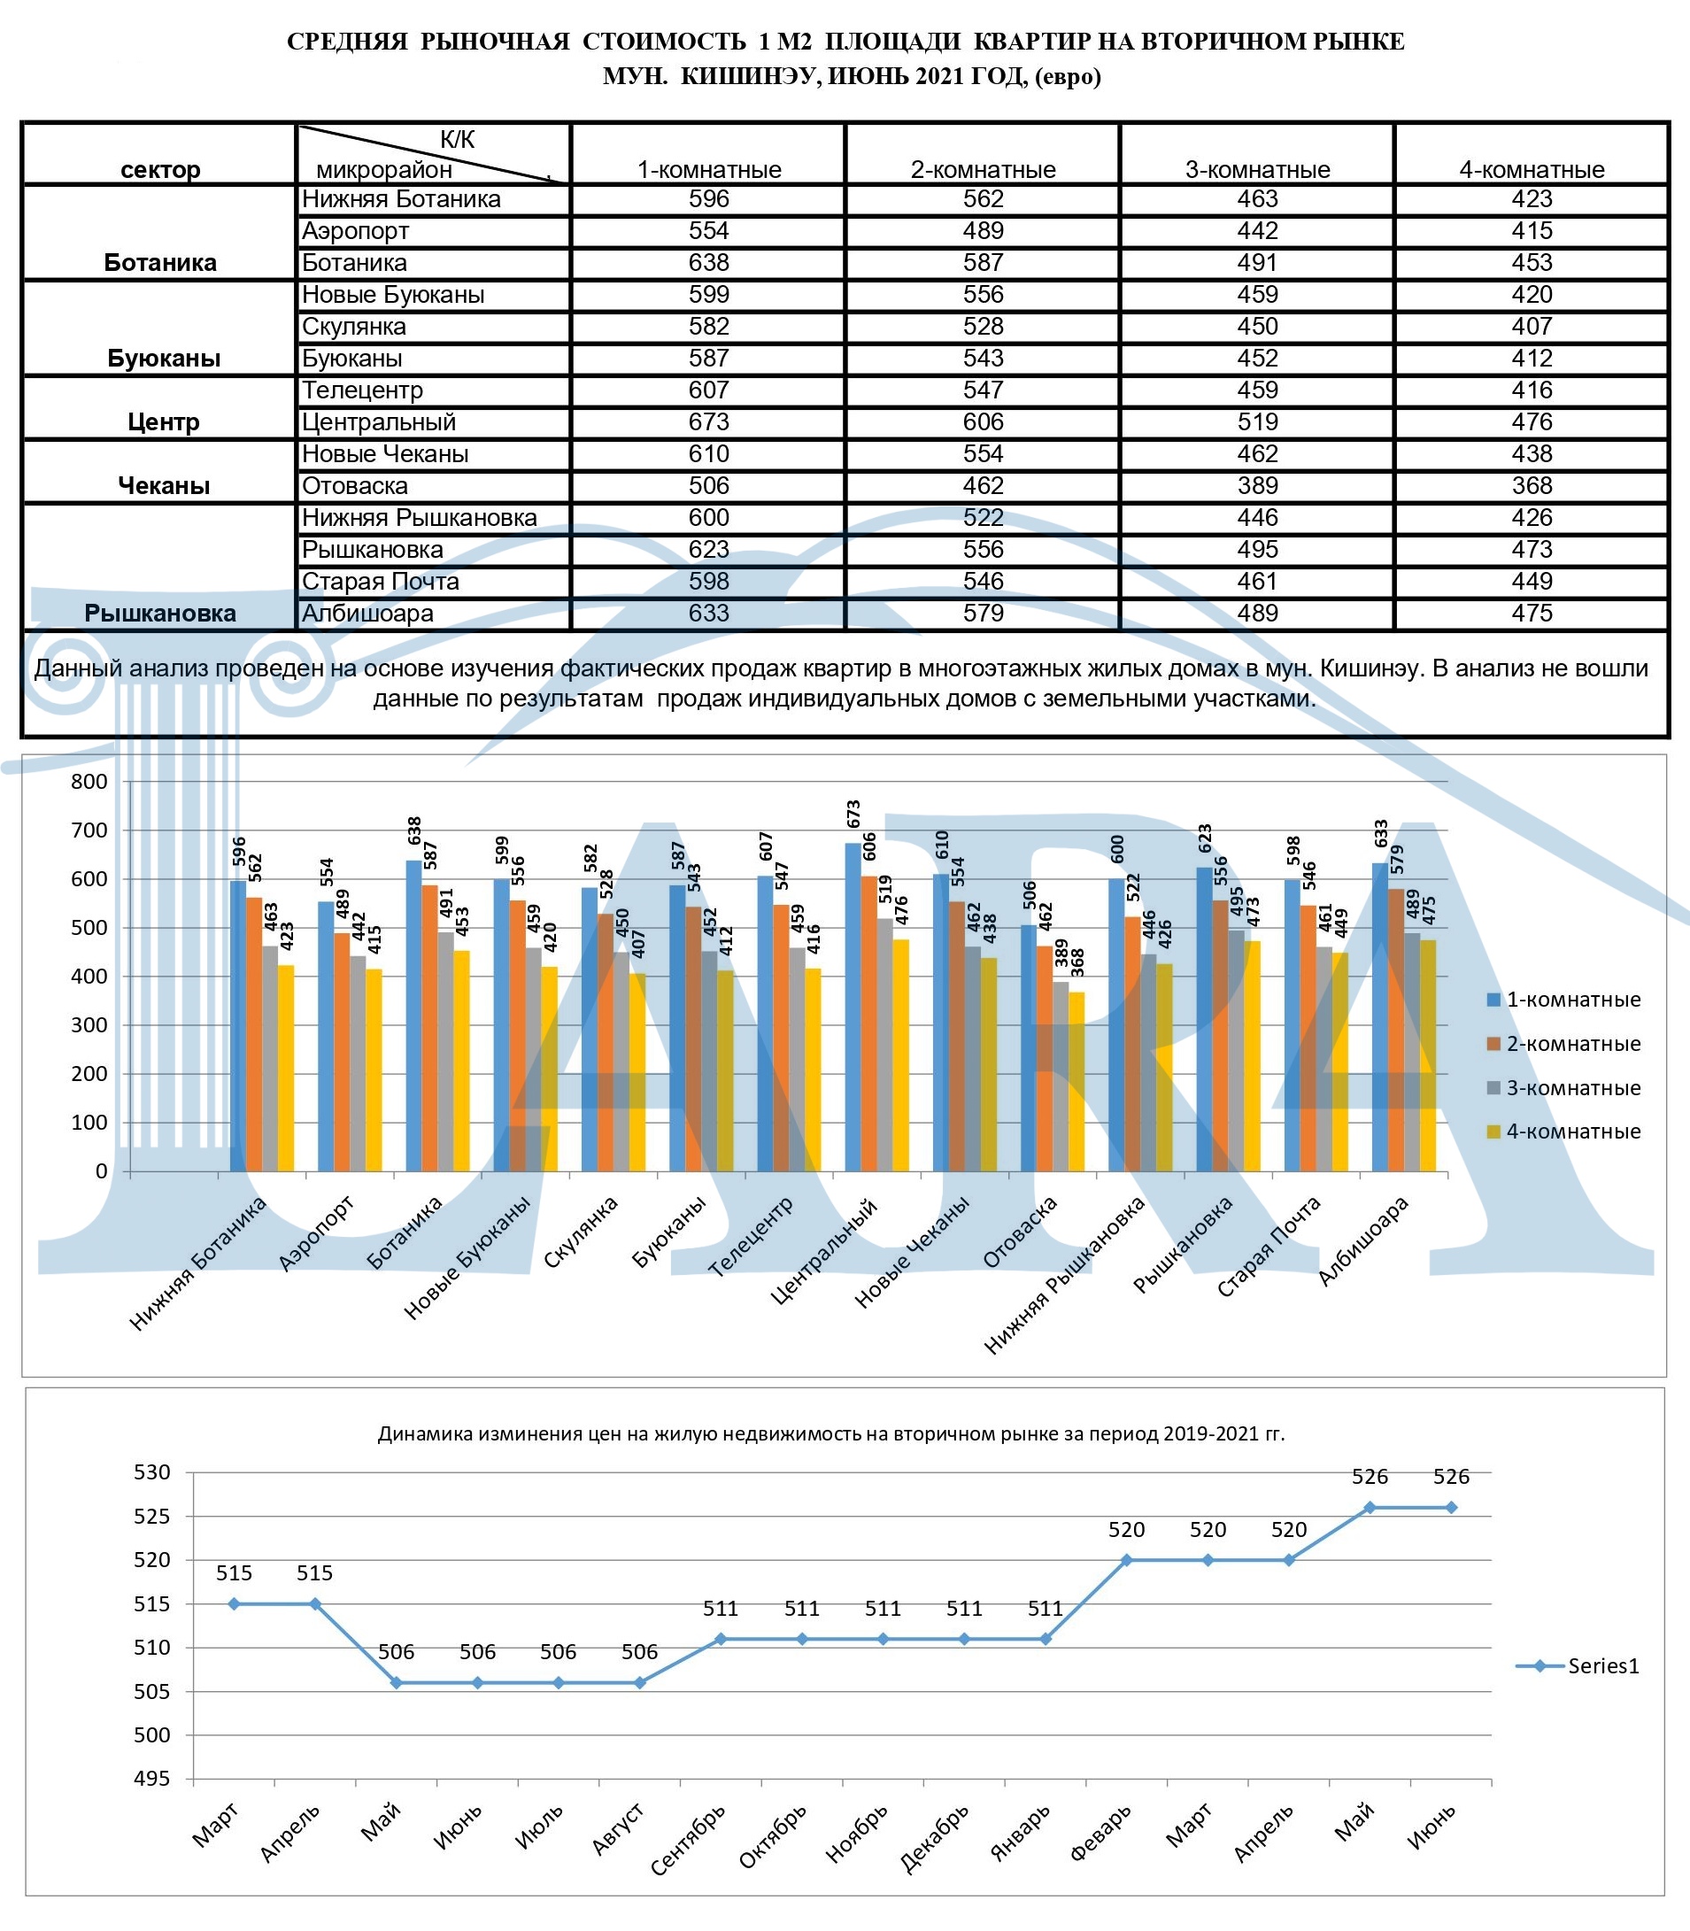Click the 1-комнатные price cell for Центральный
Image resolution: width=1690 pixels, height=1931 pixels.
coord(708,421)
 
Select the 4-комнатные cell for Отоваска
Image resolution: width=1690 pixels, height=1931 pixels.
coord(1532,486)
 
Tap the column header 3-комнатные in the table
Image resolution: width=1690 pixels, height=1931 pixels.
coord(1257,170)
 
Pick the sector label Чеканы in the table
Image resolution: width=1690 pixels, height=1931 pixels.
coord(163,486)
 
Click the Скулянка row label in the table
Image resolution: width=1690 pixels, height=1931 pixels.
coord(353,327)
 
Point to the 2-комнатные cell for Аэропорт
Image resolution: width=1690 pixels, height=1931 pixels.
coord(983,231)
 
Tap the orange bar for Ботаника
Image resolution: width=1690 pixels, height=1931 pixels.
coord(430,1027)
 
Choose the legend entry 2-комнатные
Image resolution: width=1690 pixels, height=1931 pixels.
coord(1572,1043)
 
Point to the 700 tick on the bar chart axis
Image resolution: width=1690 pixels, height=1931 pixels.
coord(89,830)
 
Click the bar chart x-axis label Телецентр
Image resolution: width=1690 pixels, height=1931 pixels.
coord(751,1237)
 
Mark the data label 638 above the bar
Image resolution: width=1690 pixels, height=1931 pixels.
coord(414,831)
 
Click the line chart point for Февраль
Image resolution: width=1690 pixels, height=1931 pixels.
coord(1126,1560)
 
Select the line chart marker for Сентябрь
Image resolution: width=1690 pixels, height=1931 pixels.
coord(721,1640)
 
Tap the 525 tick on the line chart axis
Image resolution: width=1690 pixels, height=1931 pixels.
coord(152,1517)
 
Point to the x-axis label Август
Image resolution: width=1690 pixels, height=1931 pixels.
coord(619,1828)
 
